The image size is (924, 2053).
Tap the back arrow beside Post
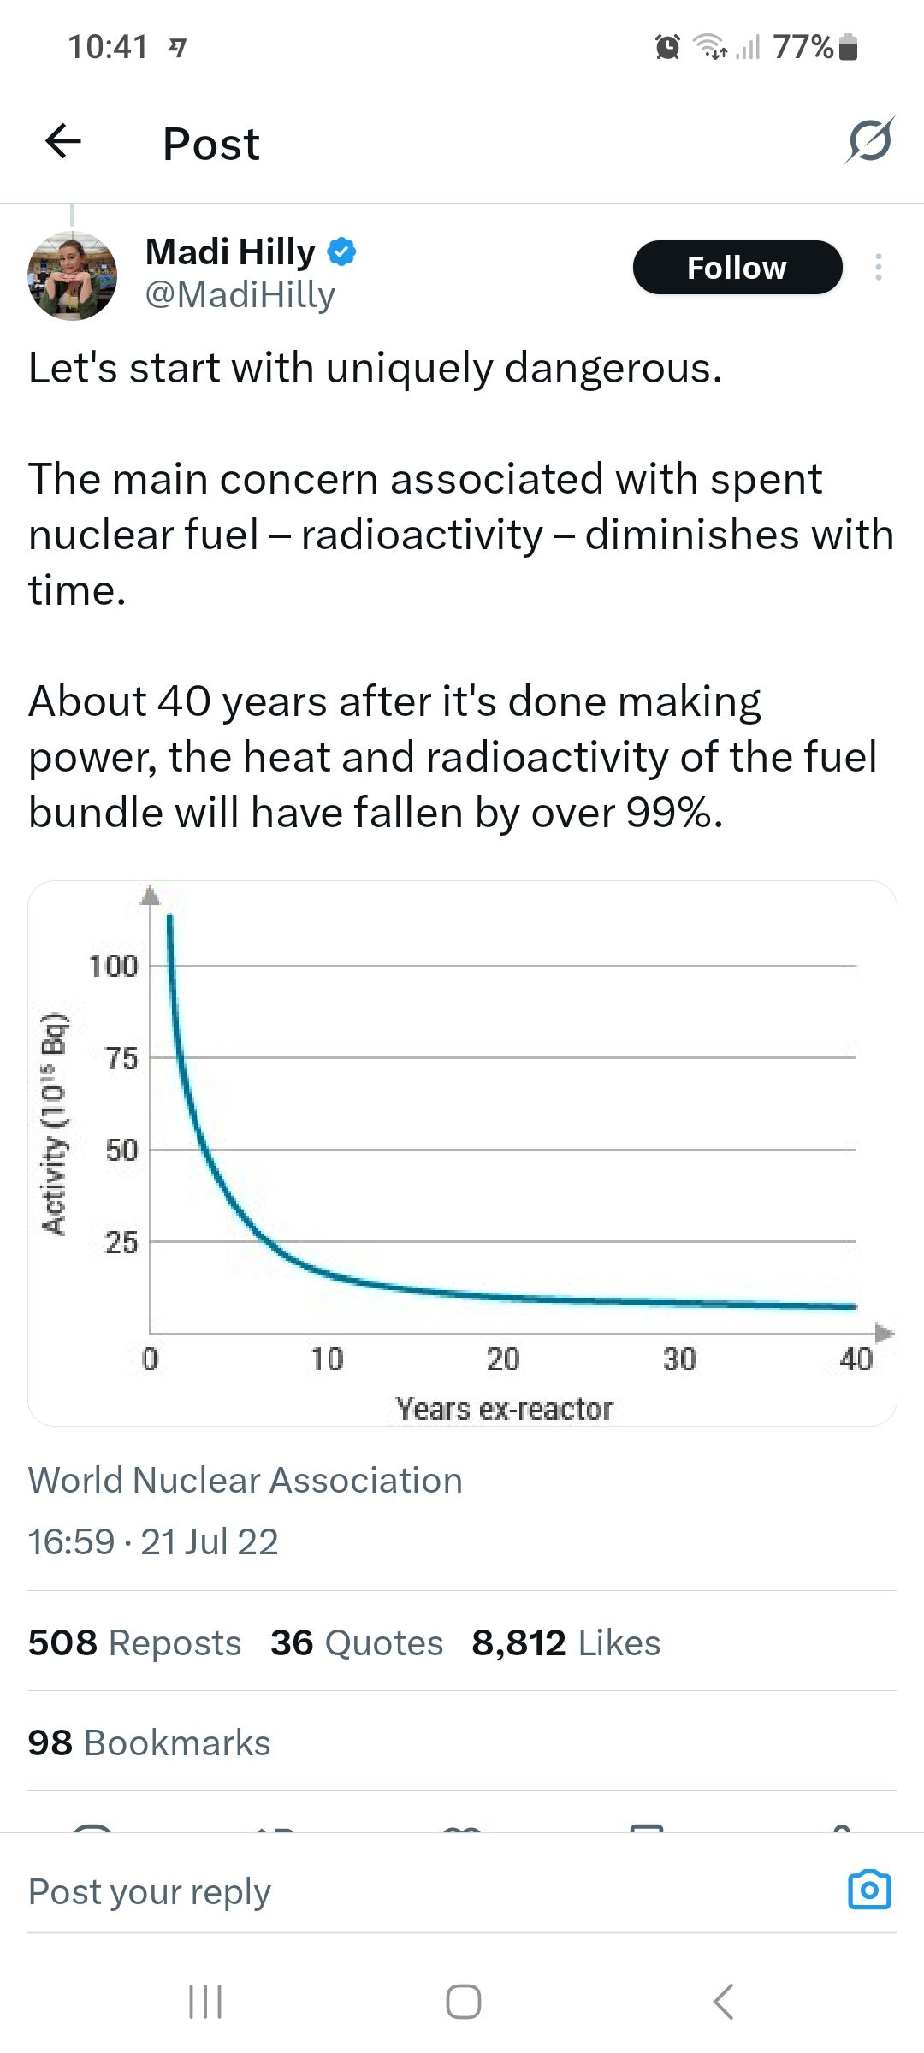63,141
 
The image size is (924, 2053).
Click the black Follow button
737,268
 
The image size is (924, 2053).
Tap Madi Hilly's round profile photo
72,275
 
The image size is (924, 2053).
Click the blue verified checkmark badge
342,251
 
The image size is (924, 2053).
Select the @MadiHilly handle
240,294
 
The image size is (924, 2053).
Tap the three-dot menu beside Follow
878,268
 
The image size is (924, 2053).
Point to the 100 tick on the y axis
114,967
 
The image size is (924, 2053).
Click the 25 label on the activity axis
121,1242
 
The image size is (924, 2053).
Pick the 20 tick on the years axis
503,1358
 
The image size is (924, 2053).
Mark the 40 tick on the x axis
856,1358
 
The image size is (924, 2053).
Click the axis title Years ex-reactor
504,1409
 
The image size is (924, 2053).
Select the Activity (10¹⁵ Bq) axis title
55,1123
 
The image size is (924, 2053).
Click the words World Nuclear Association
246,1480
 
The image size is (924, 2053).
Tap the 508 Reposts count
134,1642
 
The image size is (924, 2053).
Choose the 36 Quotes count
357,1642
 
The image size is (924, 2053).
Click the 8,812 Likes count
566,1642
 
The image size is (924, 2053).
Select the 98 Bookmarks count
149,1742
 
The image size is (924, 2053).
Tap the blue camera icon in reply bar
869,1889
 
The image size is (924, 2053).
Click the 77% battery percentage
803,46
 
